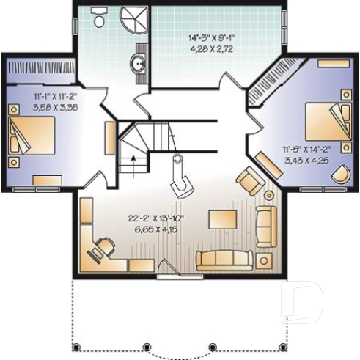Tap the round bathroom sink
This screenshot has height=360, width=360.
(138, 65)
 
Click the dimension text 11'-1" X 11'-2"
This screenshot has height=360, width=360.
(55, 96)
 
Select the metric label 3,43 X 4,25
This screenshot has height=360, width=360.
(306, 159)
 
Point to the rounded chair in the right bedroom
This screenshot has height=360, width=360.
(340, 174)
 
